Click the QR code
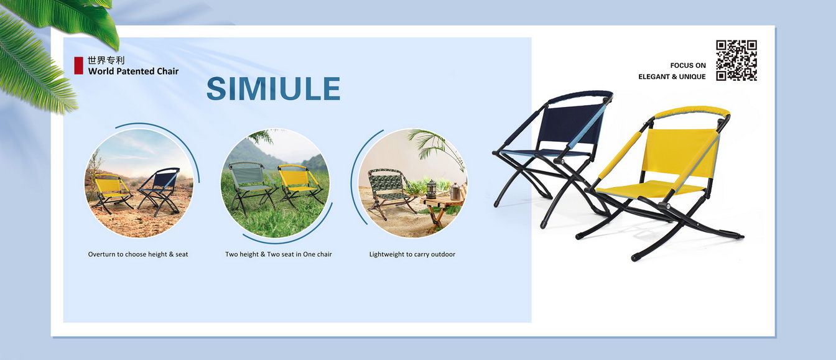pos(736,60)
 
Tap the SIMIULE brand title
pos(273,89)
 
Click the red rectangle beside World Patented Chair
pos(78,65)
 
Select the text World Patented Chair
pos(133,71)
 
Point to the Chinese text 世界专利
pos(106,60)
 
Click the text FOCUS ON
pos(687,65)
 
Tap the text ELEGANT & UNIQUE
pos(672,76)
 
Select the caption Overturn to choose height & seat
pos(138,254)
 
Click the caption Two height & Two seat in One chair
pos(278,254)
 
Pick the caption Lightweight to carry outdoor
pos(412,254)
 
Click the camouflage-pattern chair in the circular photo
pos(386,190)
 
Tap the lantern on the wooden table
pos(430,190)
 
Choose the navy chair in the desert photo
pos(160,187)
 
